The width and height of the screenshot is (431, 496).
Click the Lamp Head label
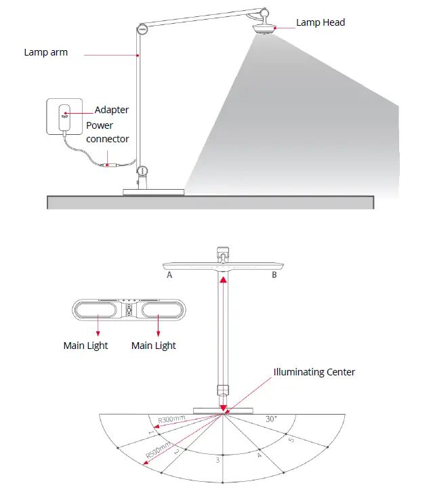point(320,22)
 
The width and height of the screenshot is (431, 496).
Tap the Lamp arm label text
point(46,51)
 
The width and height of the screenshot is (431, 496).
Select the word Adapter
point(112,110)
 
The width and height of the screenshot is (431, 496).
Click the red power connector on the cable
point(109,164)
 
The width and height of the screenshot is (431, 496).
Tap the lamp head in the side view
point(266,29)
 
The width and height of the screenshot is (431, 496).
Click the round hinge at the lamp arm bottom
point(142,171)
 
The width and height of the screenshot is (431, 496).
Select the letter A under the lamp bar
point(169,276)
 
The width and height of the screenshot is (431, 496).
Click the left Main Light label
point(85,346)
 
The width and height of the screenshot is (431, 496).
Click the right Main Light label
point(154,346)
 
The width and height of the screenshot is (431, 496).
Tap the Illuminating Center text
point(314,372)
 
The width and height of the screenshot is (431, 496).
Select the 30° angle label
point(271,419)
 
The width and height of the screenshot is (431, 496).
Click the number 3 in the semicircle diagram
point(217,460)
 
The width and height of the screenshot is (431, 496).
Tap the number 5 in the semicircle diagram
point(291,441)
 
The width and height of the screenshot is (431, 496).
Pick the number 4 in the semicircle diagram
point(259,455)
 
